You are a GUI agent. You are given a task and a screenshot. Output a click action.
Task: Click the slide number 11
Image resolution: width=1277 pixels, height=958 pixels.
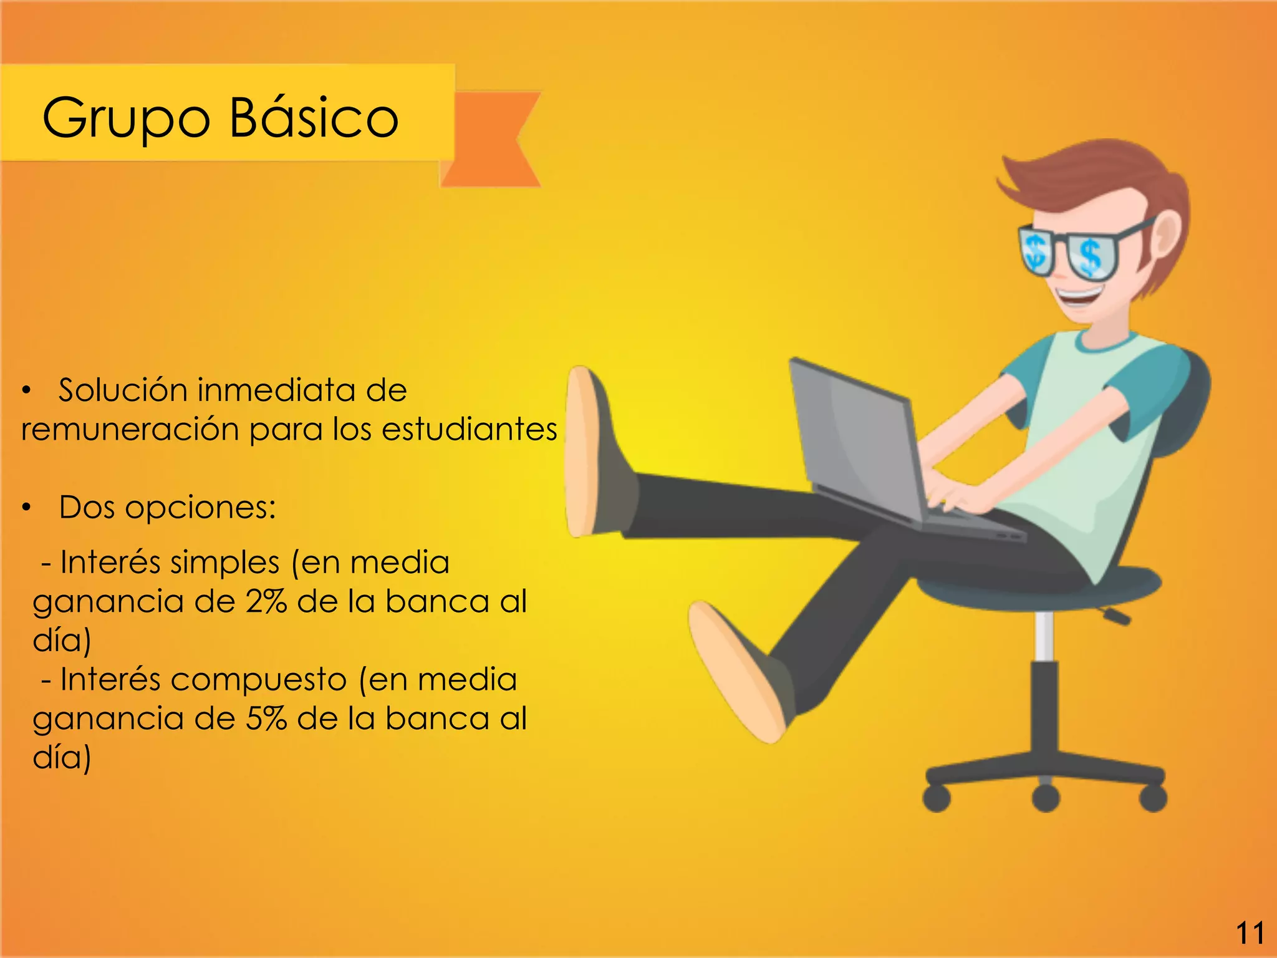[1250, 933]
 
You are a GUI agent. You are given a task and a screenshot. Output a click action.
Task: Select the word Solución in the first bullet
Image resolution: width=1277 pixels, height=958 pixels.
[123, 390]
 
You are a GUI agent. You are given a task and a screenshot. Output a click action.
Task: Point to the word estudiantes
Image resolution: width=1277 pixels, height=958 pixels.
[469, 429]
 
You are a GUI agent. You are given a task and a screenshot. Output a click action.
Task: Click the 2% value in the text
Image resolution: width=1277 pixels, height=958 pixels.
[266, 601]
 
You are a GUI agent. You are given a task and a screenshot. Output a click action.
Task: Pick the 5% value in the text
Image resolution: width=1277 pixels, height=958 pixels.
[266, 718]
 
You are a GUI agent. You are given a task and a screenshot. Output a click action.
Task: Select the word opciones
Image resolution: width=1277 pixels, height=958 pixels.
[200, 507]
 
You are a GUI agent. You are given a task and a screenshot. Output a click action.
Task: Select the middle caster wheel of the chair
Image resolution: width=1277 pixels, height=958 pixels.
[1046, 798]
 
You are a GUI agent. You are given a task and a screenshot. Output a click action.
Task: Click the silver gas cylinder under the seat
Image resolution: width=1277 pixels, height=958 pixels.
[1044, 636]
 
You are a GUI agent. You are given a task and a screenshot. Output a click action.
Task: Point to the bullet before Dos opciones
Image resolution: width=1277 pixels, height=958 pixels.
[26, 508]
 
